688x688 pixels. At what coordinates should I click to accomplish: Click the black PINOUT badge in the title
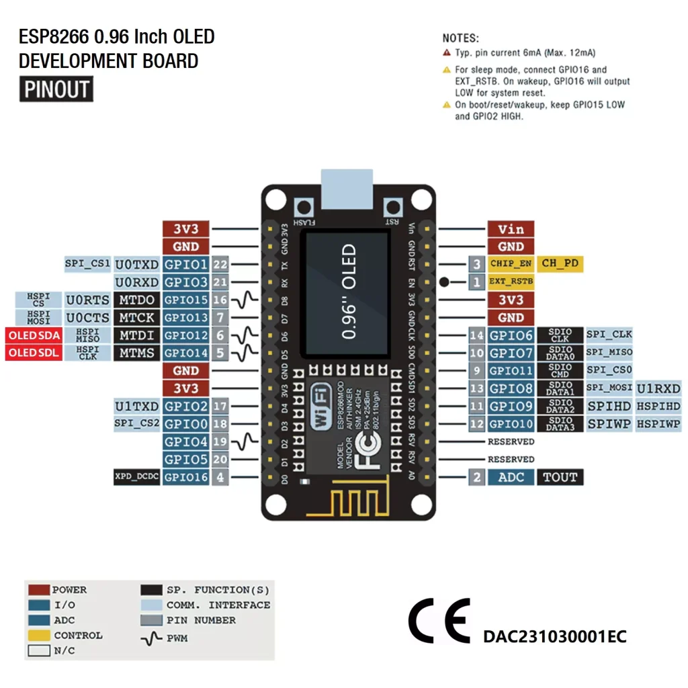[56, 89]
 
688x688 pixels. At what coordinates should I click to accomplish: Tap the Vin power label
[511, 229]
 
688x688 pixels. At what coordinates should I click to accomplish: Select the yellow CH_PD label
[560, 263]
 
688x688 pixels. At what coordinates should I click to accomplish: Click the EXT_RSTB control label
[511, 282]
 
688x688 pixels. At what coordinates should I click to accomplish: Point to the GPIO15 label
[186, 300]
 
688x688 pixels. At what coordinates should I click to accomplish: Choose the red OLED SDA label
[34, 335]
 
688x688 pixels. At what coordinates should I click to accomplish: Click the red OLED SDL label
[34, 353]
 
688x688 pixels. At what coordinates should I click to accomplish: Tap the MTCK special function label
[136, 317]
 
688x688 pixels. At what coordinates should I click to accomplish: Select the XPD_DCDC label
[136, 477]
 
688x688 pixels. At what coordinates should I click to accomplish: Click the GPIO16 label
[186, 477]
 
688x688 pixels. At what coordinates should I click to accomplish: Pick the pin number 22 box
[220, 264]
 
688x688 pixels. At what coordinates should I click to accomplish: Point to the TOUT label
[560, 477]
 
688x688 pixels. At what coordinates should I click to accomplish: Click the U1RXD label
[658, 388]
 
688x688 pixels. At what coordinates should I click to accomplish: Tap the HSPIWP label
[658, 424]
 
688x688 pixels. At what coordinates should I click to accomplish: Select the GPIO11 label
[511, 370]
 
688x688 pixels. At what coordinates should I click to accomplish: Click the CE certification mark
[439, 621]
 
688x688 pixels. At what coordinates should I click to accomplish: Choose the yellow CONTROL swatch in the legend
[39, 635]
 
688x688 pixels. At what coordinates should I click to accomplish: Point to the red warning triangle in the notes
[447, 52]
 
